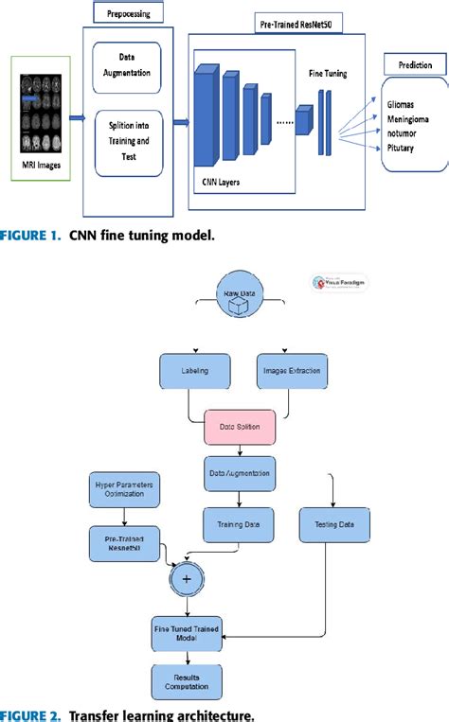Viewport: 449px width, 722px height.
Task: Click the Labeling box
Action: [x=195, y=370]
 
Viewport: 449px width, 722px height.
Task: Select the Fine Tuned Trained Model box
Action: [x=189, y=632]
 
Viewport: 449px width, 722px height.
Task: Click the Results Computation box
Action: [x=189, y=679]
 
